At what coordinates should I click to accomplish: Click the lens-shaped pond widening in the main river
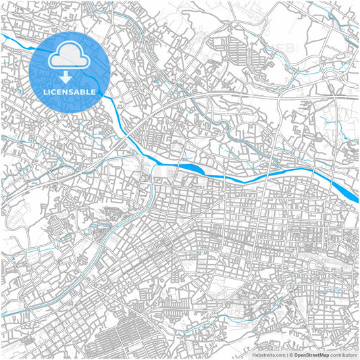pos(192,169)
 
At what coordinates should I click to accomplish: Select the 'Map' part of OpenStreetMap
pos(322,353)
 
